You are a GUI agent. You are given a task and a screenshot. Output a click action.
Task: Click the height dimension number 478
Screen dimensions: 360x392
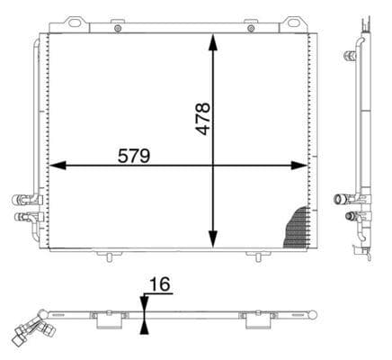[203, 119]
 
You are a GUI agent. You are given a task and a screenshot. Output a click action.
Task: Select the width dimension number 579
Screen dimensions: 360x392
[134, 155]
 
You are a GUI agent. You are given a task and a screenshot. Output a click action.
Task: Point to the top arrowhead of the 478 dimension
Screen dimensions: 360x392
[213, 41]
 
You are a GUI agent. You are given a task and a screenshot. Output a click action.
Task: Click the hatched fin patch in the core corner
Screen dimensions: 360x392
[297, 229]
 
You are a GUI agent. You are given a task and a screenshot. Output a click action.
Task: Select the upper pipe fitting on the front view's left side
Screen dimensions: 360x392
[20, 200]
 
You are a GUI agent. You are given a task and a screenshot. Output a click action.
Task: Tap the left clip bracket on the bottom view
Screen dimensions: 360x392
[109, 317]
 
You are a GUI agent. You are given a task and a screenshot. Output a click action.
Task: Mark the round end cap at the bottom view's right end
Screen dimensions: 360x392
[315, 313]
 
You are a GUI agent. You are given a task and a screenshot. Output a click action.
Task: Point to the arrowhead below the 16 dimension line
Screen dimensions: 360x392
[144, 324]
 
